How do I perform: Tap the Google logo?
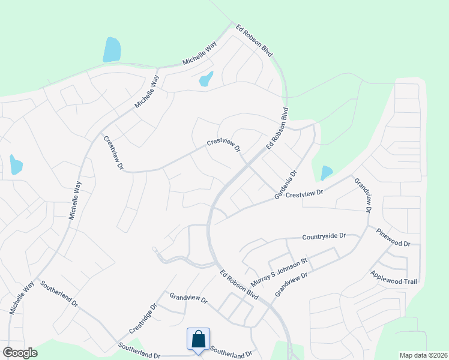(20, 353)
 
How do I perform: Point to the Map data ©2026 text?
(423, 355)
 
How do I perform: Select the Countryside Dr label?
(325, 237)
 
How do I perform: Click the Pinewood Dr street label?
(393, 238)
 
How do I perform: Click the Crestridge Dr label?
(142, 319)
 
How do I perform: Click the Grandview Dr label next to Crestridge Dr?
(188, 298)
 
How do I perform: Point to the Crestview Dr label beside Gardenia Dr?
(304, 194)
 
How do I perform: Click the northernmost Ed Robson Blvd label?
(254, 41)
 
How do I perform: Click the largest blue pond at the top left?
(112, 50)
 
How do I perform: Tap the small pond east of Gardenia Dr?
(326, 173)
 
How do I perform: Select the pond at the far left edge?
(16, 165)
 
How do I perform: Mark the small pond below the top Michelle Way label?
(206, 79)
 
